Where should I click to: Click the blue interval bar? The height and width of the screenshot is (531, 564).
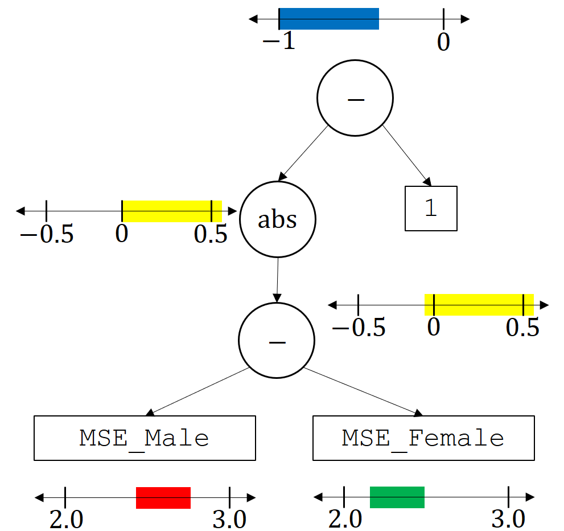pos(329,19)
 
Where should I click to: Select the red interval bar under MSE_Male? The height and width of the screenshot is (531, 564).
pos(163,497)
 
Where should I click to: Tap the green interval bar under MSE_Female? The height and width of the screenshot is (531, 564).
pos(397,497)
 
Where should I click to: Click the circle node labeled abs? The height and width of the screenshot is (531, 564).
pos(278,219)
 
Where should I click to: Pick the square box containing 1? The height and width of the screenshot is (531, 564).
pos(431,209)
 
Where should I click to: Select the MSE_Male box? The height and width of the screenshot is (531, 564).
pos(145,438)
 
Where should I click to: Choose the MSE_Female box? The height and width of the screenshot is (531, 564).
pos(423,438)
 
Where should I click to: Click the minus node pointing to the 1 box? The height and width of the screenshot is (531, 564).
pos(355,98)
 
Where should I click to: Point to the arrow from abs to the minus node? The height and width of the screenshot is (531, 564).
pos(277,280)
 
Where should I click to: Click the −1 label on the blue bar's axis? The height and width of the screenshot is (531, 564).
pos(279,42)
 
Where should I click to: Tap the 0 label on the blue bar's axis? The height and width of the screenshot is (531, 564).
pos(443,42)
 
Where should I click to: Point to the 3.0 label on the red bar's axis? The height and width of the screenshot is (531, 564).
pos(229,519)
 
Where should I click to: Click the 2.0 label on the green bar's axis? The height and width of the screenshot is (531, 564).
pos(345,519)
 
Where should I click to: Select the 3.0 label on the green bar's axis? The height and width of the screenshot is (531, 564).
pos(508,519)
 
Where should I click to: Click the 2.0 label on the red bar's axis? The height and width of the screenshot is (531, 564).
pos(67,519)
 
